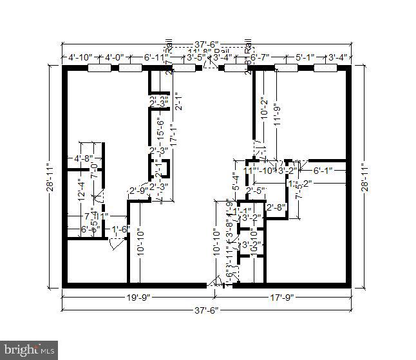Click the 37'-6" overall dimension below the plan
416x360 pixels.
pyautogui.click(x=206, y=310)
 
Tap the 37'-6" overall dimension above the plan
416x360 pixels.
pyautogui.click(x=206, y=44)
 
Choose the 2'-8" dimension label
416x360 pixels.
pyautogui.click(x=276, y=207)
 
